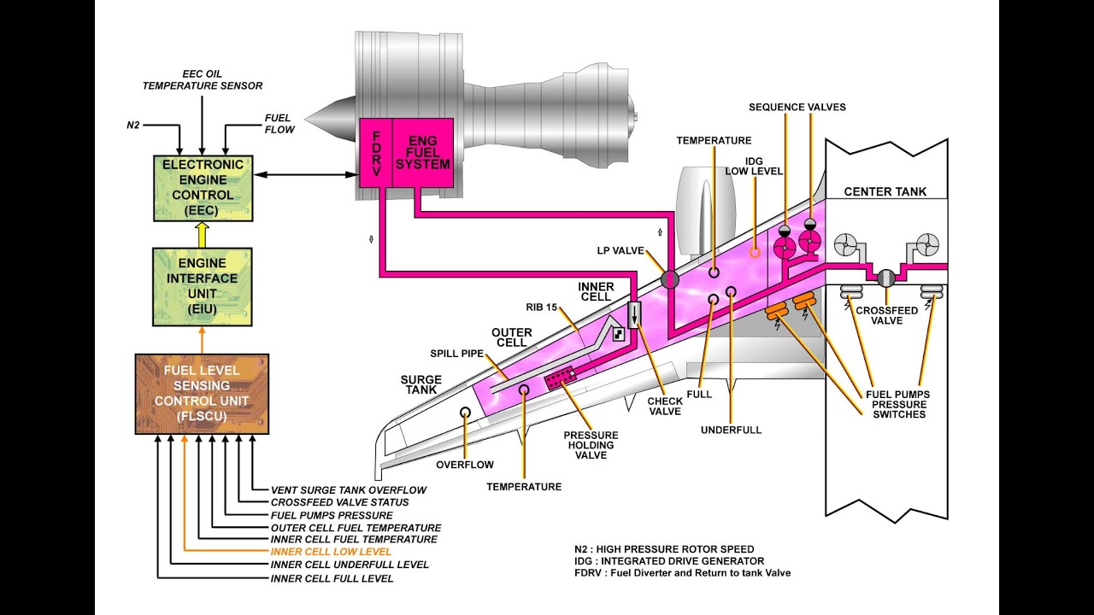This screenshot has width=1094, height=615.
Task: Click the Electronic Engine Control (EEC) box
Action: click(202, 188)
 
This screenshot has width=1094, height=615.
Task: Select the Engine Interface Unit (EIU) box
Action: click(202, 286)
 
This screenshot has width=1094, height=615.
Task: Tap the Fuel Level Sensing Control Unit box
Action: click(202, 394)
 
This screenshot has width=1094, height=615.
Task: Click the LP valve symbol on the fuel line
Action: click(669, 278)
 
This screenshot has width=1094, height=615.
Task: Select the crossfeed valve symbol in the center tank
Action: click(886, 278)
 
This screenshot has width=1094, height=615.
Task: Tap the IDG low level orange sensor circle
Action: click(755, 252)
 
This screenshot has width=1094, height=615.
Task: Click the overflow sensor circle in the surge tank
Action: click(465, 412)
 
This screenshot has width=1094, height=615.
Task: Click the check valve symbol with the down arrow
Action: click(634, 314)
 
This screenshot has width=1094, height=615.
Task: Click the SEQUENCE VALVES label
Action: click(797, 107)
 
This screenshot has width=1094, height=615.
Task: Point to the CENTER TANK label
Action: click(885, 191)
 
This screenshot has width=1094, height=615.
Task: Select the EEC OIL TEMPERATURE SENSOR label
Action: click(203, 80)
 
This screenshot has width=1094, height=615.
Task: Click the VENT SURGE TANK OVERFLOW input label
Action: click(348, 489)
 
